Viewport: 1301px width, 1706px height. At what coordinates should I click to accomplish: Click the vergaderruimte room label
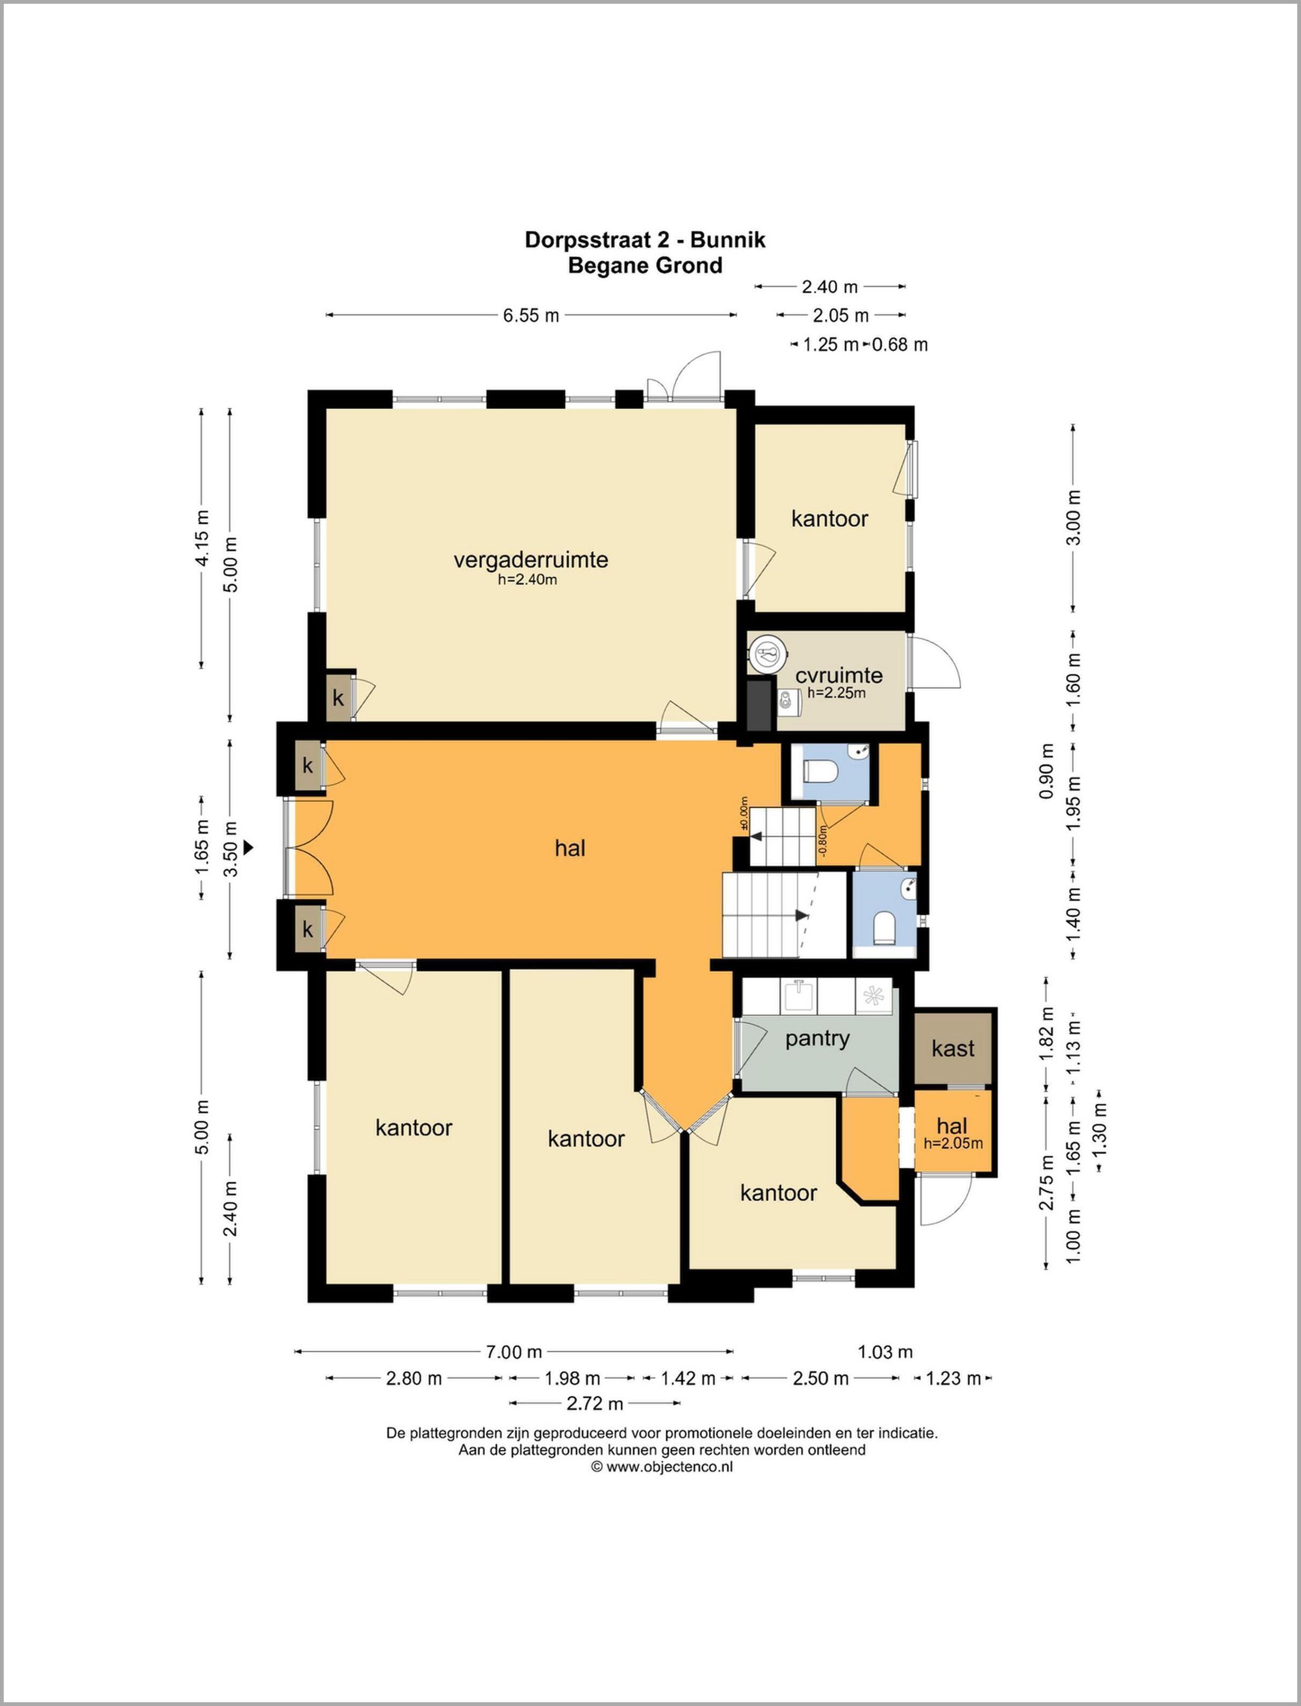(x=531, y=559)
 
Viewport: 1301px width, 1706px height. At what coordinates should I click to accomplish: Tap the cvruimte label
(x=838, y=675)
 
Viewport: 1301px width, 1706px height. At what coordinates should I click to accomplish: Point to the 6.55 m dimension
(x=531, y=315)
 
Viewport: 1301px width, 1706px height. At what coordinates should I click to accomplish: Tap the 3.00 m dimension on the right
(x=1073, y=517)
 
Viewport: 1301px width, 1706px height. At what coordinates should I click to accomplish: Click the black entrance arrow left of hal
(x=249, y=848)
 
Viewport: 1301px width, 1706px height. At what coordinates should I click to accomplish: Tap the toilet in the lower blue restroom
(x=884, y=928)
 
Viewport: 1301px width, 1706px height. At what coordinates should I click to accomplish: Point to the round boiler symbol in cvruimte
(x=767, y=653)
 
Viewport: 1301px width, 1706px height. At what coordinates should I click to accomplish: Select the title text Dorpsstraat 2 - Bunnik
(x=645, y=240)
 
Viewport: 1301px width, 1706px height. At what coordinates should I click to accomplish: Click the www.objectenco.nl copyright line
(x=662, y=1466)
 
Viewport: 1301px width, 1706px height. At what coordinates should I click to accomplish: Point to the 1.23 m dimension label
(x=953, y=1378)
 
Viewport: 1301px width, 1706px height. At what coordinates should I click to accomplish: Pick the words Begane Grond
(x=645, y=266)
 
